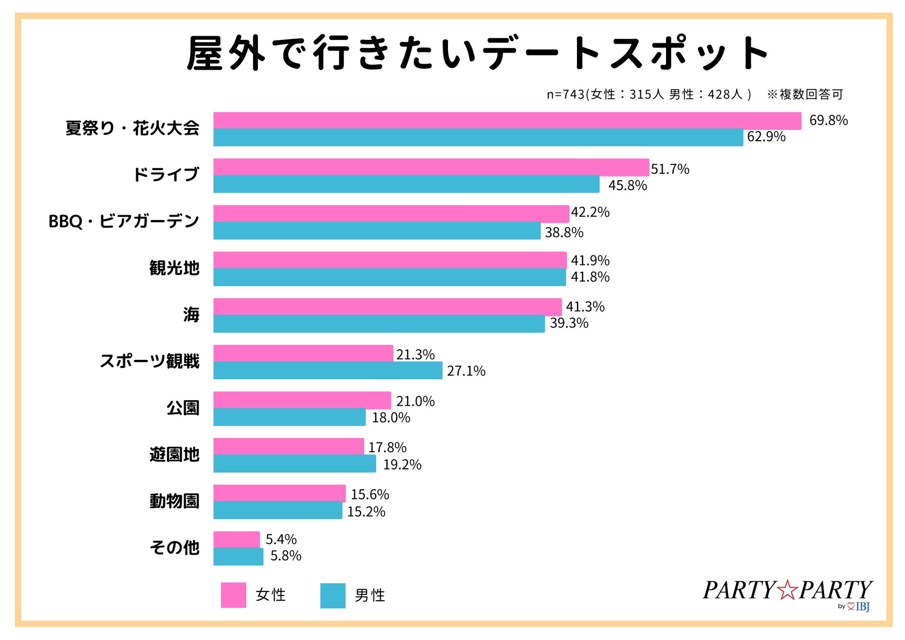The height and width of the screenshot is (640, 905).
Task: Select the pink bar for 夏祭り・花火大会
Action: [x=507, y=120]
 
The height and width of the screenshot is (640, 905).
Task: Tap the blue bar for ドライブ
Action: [x=406, y=184]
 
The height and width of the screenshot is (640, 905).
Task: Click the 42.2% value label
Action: [x=590, y=212]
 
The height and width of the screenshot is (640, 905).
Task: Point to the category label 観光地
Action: [x=174, y=268]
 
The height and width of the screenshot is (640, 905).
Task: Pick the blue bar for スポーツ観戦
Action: [x=327, y=370]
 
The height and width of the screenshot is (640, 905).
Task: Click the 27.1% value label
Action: [x=466, y=371]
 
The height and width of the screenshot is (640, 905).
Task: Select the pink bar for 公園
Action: [x=302, y=400]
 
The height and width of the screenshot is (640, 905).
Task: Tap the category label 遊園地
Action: [x=174, y=455]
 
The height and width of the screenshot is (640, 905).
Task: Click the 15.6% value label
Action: [x=369, y=494]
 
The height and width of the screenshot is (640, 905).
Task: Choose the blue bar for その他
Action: [x=238, y=557]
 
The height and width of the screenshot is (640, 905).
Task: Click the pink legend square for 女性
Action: [x=233, y=595]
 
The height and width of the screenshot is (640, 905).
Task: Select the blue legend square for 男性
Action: [x=332, y=595]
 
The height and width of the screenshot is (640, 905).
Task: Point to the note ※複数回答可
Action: [x=804, y=94]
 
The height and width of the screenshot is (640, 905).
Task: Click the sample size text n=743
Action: [x=565, y=94]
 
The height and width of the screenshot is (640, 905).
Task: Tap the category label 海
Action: [x=191, y=315]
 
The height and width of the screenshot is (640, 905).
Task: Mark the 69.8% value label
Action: [x=828, y=120]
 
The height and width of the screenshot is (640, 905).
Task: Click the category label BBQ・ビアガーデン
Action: [x=124, y=221]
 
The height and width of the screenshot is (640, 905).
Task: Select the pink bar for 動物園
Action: [x=279, y=493]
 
